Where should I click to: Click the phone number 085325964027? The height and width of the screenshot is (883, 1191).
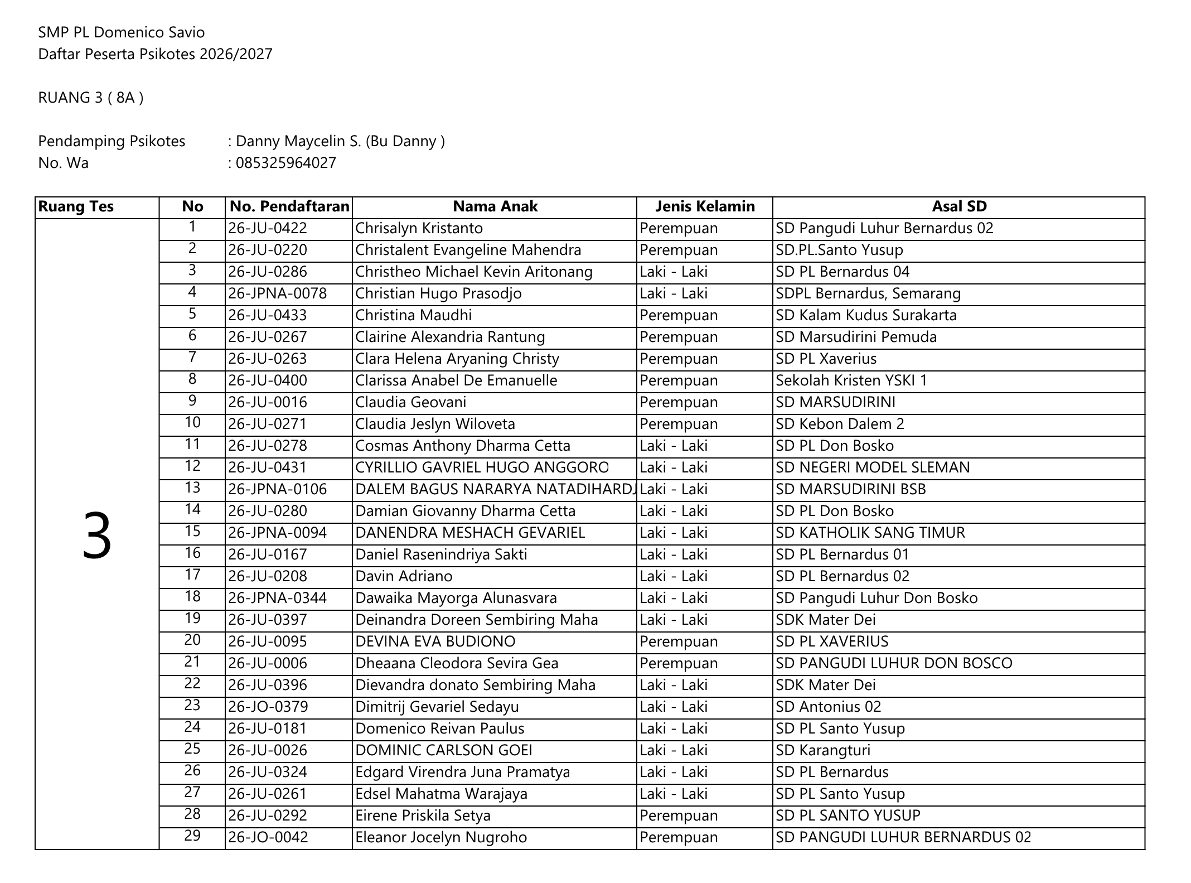[x=285, y=163]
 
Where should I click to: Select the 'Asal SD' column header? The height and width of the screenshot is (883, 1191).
[x=958, y=206]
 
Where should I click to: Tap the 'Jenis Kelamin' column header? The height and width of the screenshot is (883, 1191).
[x=704, y=206]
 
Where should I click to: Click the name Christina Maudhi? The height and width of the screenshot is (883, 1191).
[x=413, y=315]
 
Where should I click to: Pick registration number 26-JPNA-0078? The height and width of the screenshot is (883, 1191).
[x=277, y=293]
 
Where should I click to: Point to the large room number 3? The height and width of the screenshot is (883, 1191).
[x=97, y=535]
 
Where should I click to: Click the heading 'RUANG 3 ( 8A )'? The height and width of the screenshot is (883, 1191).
[x=90, y=98]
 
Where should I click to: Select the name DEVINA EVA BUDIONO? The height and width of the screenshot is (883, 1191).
[x=435, y=641]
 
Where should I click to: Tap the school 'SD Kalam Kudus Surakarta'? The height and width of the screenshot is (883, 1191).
[x=865, y=315]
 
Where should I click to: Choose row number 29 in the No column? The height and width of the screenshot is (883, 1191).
[x=192, y=836]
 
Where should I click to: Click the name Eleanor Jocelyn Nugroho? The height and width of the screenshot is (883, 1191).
[x=440, y=837]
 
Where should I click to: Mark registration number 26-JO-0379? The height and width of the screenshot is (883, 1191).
[x=268, y=707]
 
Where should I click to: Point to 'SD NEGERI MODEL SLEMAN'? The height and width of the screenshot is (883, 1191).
[x=872, y=467]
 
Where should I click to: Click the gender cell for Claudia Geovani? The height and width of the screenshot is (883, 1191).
[x=678, y=402]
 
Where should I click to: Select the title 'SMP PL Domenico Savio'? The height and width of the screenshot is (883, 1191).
[x=121, y=32]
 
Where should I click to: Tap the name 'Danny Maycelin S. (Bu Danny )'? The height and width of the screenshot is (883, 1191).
[x=340, y=141]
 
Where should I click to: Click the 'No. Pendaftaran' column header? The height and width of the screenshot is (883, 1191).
[x=289, y=206]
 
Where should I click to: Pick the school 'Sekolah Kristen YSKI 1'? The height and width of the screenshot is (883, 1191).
[x=851, y=380]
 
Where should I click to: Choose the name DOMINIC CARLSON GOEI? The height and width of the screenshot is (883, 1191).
[x=443, y=750]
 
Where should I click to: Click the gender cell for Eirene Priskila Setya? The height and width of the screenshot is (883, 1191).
[x=678, y=816]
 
